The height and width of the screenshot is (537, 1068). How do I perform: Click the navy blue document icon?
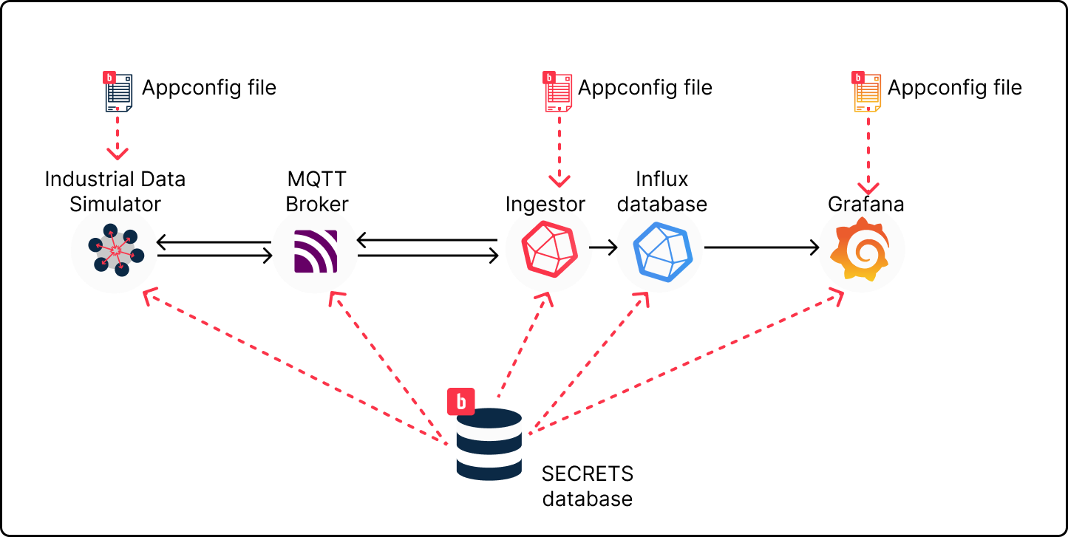[x=119, y=93]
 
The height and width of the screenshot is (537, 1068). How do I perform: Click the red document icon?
[x=559, y=93]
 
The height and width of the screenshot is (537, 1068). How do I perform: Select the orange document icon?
[x=868, y=93]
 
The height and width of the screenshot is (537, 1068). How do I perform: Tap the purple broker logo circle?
[x=315, y=250]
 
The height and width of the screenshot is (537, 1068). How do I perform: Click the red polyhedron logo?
[x=548, y=249]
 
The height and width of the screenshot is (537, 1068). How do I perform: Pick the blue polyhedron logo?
[x=661, y=251]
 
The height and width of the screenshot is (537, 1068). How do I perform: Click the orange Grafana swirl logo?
[x=861, y=249]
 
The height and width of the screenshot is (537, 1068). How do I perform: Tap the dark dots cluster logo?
[x=115, y=250]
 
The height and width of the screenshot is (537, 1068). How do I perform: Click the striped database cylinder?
[x=489, y=444]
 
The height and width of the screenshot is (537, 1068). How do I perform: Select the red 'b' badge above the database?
[x=461, y=402]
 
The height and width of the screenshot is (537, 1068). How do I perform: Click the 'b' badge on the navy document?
[x=109, y=78]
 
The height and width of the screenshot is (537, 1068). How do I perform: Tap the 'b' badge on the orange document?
[x=858, y=78]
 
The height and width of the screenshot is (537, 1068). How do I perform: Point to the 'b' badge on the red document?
[x=549, y=78]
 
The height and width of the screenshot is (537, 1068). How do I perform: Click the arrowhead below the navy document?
[x=118, y=154]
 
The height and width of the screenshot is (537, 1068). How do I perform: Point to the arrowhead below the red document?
[x=559, y=181]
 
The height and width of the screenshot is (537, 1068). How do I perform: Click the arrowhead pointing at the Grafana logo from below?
[x=837, y=296]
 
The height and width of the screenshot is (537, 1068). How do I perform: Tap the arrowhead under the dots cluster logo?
[x=149, y=295]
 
